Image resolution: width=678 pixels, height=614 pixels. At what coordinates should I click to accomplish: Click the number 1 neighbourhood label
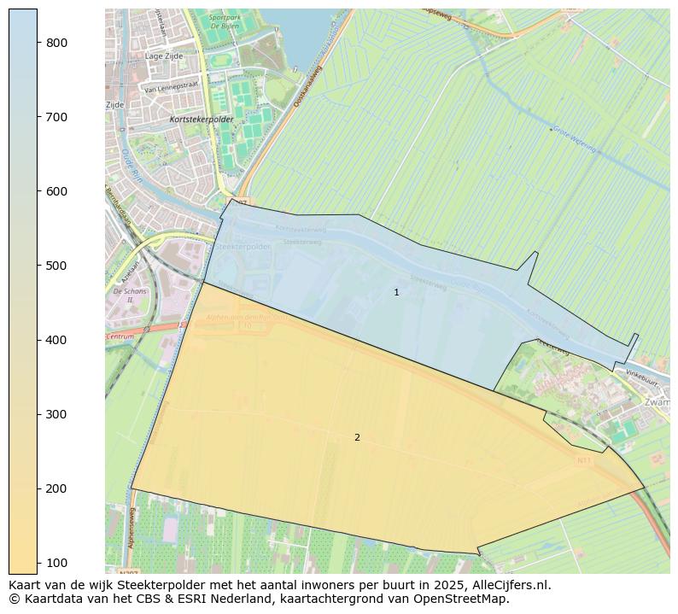click(x=396, y=292)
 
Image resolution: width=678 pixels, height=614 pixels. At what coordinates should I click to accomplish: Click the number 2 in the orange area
click(x=357, y=438)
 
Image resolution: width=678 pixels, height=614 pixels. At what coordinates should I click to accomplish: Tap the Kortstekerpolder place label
click(x=202, y=120)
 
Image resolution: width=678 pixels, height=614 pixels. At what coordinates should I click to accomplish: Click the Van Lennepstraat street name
click(x=171, y=87)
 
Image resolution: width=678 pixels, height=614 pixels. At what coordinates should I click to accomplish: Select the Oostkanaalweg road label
click(x=307, y=87)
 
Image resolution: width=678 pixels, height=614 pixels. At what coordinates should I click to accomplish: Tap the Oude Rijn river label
click(x=131, y=166)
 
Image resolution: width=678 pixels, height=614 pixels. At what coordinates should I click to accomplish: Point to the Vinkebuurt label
click(x=643, y=374)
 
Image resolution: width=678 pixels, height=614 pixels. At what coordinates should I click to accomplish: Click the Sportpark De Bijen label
click(x=224, y=21)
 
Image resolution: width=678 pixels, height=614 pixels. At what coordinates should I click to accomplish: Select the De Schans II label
click(x=129, y=295)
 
